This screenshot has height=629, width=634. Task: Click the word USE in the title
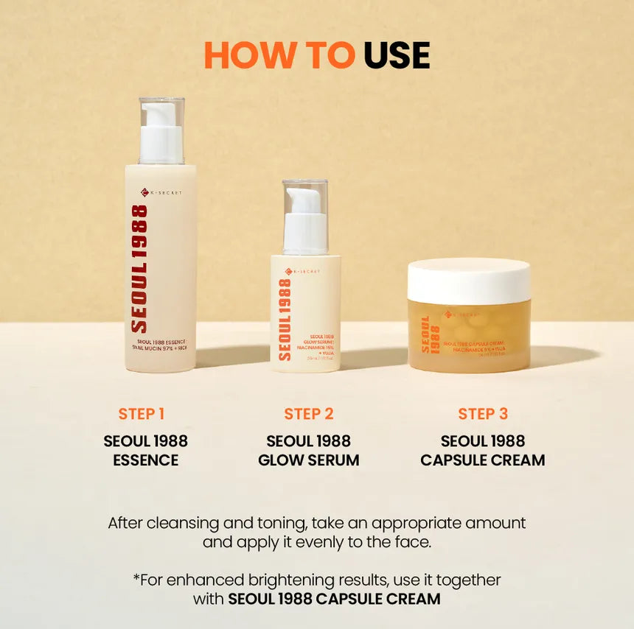click(x=397, y=55)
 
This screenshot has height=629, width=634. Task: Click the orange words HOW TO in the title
click(x=279, y=55)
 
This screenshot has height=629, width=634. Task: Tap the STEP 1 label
click(x=142, y=414)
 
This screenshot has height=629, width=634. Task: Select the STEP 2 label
click(x=309, y=414)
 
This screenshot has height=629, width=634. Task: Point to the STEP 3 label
click(x=483, y=414)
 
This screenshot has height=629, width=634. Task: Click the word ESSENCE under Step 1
click(x=145, y=460)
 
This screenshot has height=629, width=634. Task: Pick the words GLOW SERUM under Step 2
click(x=309, y=460)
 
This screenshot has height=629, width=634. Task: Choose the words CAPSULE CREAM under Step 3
click(x=483, y=460)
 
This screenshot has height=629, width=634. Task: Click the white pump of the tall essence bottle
click(x=161, y=133)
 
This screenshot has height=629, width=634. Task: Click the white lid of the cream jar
click(x=469, y=281)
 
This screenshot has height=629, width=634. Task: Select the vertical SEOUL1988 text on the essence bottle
click(x=139, y=268)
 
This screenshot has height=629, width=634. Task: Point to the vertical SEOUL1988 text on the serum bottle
click(x=285, y=318)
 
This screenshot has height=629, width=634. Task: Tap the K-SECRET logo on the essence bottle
click(x=161, y=193)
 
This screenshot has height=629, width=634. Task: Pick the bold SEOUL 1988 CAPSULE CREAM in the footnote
click(x=334, y=599)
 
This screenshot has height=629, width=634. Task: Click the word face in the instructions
click(x=415, y=543)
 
